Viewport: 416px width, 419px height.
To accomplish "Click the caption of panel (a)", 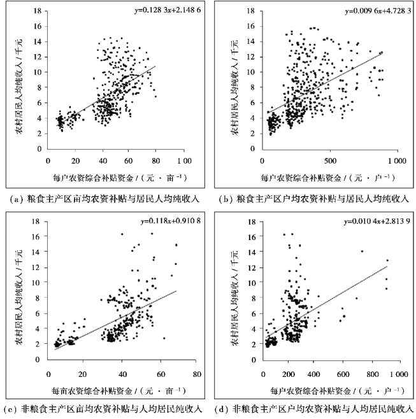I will [106, 199].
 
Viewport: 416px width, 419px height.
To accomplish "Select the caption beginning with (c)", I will [106, 409].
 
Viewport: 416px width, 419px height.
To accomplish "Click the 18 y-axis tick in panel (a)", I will [39, 11].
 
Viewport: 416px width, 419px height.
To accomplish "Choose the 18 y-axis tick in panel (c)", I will [39, 222].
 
